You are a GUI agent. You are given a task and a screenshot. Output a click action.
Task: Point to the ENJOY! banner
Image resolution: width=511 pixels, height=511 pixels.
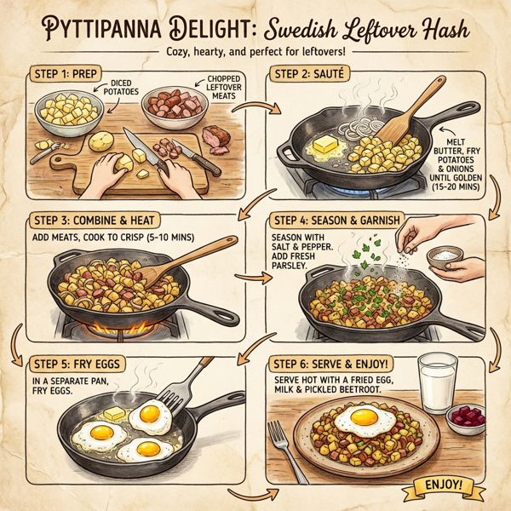[x=439, y=486]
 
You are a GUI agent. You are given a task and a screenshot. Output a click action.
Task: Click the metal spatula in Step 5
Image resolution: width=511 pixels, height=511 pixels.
[x=192, y=383]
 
